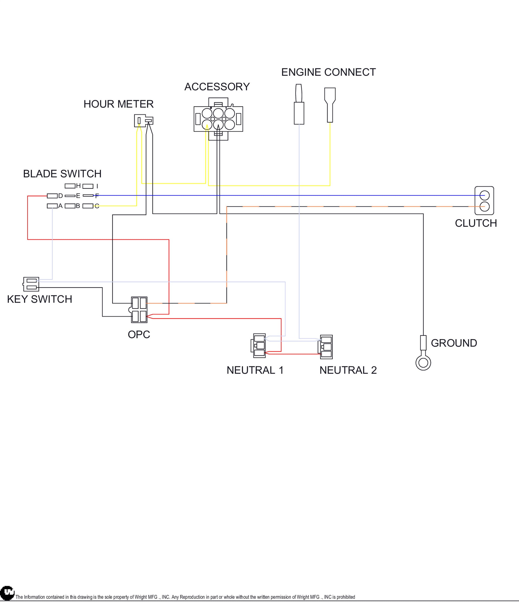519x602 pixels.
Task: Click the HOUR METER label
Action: [118, 104]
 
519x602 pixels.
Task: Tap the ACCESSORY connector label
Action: [217, 86]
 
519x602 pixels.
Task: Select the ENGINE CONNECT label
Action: [328, 72]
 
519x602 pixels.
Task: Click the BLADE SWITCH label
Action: [62, 174]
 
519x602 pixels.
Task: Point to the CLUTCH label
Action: [476, 223]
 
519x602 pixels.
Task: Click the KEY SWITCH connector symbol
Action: [31, 284]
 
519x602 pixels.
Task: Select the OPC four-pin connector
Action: [139, 310]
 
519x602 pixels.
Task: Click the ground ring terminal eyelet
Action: [423, 363]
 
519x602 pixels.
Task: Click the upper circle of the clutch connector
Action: [484, 195]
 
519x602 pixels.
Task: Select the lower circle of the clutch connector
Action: [484, 207]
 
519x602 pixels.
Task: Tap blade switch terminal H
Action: [70, 186]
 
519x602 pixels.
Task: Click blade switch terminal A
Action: [52, 206]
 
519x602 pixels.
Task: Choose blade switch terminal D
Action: [52, 196]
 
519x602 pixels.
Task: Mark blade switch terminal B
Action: [70, 206]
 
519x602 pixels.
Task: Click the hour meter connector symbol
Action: [143, 121]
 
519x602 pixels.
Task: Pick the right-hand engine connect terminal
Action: [330, 105]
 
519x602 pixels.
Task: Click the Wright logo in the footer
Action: [7, 593]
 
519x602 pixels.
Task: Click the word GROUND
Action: [454, 343]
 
